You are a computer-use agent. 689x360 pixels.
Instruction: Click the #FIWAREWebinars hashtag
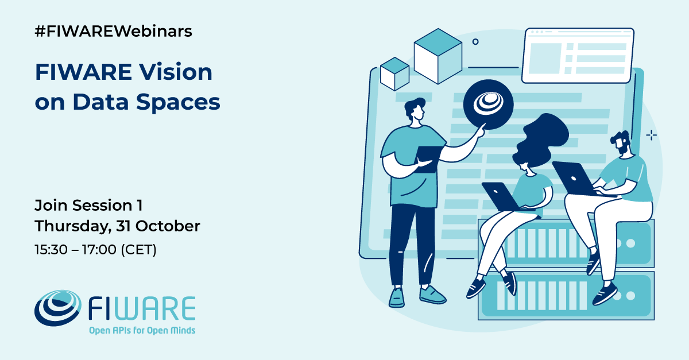pos(113,32)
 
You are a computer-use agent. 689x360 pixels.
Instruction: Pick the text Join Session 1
pos(88,205)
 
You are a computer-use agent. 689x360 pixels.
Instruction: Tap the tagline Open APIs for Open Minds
pos(141,331)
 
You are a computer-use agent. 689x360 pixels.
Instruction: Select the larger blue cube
pos(438,56)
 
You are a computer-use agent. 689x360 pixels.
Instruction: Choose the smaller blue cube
pos(394,73)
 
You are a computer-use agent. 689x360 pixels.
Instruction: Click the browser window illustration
pos(578,55)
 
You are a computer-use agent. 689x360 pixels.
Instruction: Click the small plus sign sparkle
pos(651,135)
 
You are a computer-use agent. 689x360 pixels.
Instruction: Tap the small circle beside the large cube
pos(475,41)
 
